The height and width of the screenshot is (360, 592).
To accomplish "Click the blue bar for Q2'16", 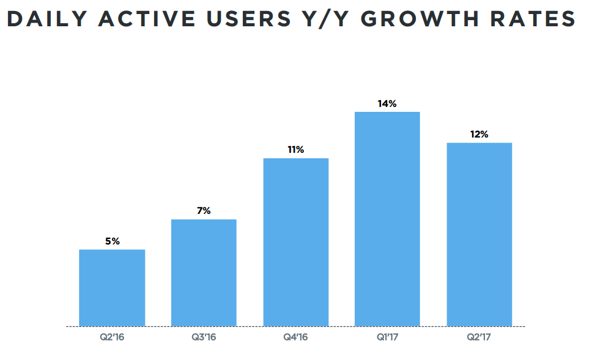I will pyautogui.click(x=112, y=287).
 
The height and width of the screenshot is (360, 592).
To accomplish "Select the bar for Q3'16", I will pyautogui.click(x=204, y=273).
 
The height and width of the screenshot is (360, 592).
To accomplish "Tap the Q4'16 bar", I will pyautogui.click(x=296, y=242).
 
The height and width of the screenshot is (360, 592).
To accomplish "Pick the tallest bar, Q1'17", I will pyautogui.click(x=387, y=219).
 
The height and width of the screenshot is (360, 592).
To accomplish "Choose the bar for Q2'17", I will pyautogui.click(x=479, y=234).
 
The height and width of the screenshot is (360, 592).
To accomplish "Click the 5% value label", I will pyautogui.click(x=112, y=241).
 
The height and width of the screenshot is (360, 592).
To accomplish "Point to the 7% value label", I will pyautogui.click(x=204, y=211).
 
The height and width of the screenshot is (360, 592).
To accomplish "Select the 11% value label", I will pyautogui.click(x=296, y=150).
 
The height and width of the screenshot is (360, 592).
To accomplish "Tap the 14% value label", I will pyautogui.click(x=387, y=104).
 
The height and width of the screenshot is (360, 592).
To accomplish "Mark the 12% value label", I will pyautogui.click(x=479, y=134).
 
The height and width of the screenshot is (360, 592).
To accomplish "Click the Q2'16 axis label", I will pyautogui.click(x=112, y=337).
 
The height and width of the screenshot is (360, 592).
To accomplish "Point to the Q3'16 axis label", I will pyautogui.click(x=204, y=337).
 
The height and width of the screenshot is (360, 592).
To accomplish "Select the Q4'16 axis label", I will pyautogui.click(x=296, y=337).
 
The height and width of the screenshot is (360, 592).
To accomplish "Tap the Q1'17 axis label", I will pyautogui.click(x=387, y=337).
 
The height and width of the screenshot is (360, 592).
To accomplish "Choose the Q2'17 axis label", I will pyautogui.click(x=479, y=337).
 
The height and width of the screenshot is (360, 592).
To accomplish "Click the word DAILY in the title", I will pyautogui.click(x=46, y=20).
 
